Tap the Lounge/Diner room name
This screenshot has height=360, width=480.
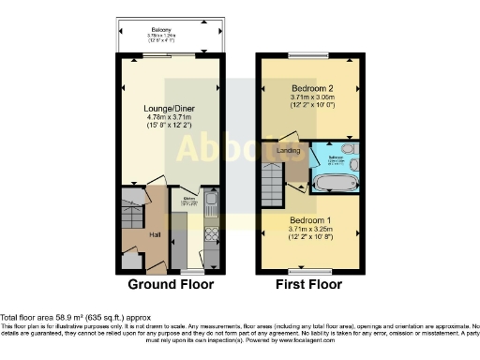(169, 110)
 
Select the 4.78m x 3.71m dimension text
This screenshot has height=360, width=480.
(169, 118)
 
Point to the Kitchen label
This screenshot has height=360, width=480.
(187, 199)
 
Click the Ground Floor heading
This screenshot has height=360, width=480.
(171, 284)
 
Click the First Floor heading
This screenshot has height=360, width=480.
(309, 284)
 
